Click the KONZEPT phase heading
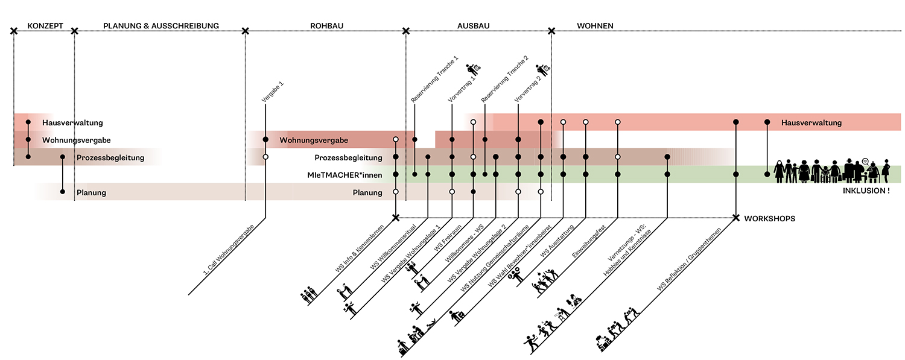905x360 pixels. [x=45, y=26]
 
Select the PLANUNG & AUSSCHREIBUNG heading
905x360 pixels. [x=161, y=26]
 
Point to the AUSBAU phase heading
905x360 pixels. [x=473, y=26]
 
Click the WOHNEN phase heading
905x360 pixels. [x=595, y=26]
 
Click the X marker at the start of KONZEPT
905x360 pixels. [x=14, y=30]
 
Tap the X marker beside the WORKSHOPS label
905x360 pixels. [x=736, y=218]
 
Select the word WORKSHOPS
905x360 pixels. [x=769, y=218]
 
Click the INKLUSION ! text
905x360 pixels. [x=865, y=191]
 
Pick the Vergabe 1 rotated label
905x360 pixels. [x=272, y=92]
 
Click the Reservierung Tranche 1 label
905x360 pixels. [x=434, y=78]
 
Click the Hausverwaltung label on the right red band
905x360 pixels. [x=811, y=122]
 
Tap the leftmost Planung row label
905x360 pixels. [x=91, y=193]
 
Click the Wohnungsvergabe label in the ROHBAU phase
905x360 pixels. [x=313, y=141]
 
